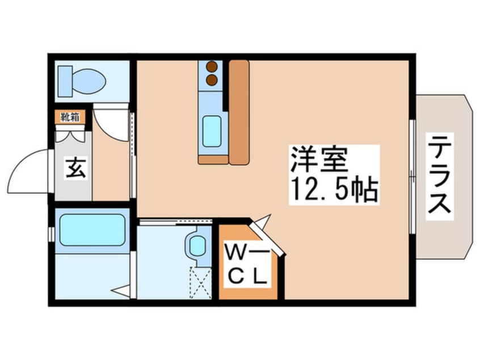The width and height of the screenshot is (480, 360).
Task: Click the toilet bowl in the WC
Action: pos(89,81)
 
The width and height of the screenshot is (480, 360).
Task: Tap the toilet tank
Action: pos(65,81)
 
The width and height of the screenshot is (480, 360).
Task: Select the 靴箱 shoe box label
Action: pos(70,117)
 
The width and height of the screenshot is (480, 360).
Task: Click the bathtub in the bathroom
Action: pos(92,230)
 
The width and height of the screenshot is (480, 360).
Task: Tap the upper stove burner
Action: pos(212,66)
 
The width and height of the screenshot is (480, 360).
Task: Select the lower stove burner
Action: pos(212,80)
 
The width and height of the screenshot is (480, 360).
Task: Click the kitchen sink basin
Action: pos(212,131)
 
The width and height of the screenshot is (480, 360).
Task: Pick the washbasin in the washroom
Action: pos(197,246)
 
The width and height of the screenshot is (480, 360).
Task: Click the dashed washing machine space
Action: pos(200,282)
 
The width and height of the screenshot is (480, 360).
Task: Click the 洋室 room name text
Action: pos(319,160)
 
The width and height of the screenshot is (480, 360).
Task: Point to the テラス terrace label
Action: pos(440,176)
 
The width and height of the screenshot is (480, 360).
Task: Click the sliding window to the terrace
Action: pos(412,177)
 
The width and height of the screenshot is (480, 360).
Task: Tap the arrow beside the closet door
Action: pos(264,220)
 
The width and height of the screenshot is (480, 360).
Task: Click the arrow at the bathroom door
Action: pos(121,291)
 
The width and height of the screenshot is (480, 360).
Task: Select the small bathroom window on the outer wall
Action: pos(52,235)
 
